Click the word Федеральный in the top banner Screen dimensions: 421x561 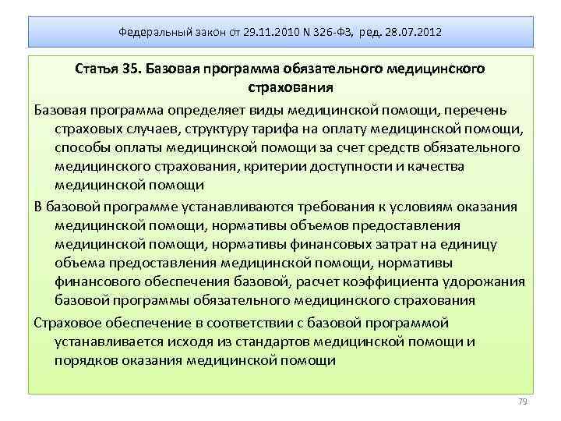click(x=151, y=33)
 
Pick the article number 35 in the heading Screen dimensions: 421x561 click(x=131, y=69)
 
